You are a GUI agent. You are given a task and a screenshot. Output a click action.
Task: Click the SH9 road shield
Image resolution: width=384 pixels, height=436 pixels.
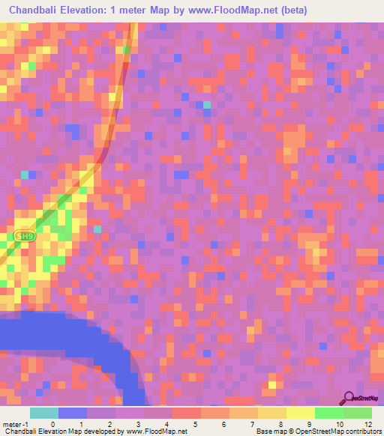tap(24, 236)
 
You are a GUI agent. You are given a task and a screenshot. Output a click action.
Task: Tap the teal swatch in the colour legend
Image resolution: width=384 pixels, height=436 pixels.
tap(44, 413)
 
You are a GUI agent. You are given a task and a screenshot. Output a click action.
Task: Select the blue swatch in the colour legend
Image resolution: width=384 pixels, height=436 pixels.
tap(73, 413)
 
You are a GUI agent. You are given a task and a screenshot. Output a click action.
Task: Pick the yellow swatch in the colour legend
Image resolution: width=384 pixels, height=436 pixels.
tap(300, 413)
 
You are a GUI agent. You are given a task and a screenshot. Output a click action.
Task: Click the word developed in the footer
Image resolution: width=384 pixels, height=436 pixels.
tap(98, 432)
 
